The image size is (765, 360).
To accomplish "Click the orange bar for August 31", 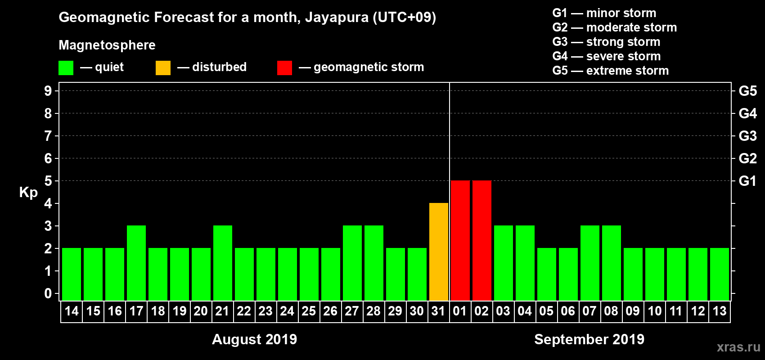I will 439,252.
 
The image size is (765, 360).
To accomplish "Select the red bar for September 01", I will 460,240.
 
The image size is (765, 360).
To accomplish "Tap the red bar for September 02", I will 482,240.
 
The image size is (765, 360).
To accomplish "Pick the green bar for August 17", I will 136,263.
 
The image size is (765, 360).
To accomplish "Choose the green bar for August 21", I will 223,263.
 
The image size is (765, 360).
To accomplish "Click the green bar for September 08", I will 612,263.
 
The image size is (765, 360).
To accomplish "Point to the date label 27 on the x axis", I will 352,311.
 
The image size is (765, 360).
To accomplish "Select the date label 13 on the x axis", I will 720,311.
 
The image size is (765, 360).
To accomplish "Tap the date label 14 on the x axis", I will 72,311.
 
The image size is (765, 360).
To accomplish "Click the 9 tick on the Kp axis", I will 48,91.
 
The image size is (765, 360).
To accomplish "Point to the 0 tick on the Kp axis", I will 48,293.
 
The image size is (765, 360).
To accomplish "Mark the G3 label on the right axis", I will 747,136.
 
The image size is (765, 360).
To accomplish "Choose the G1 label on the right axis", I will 747,181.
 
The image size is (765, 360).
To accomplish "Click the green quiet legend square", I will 66,68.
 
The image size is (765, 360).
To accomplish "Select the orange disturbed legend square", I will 163,68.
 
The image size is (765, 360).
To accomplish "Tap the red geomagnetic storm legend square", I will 284,68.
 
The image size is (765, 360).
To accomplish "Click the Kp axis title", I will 28,192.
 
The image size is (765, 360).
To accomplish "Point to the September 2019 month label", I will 589,339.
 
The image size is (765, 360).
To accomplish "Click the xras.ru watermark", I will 738,347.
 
